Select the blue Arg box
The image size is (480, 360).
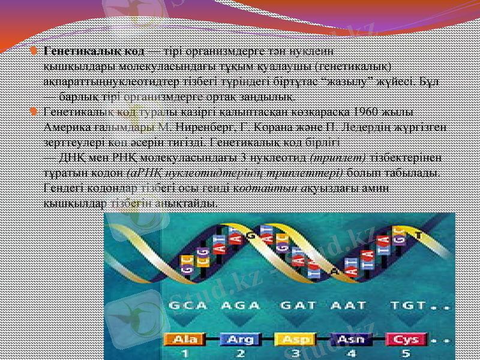pos(239,340)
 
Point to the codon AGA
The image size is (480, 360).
pos(240,305)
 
